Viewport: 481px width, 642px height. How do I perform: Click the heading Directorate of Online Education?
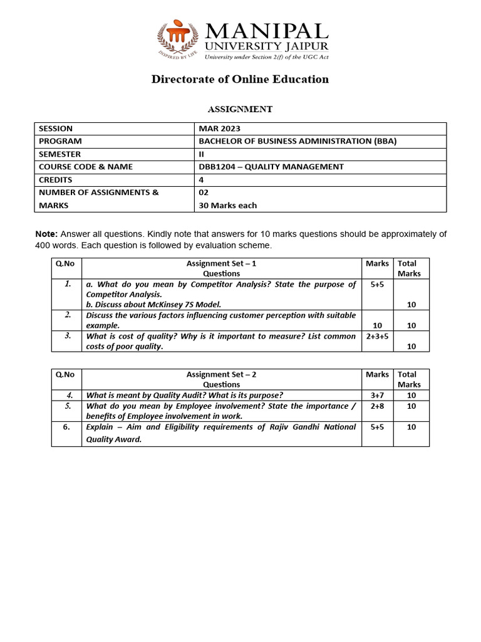240,79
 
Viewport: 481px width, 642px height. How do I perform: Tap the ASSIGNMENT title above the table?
240,109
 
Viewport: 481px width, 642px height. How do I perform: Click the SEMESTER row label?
59,154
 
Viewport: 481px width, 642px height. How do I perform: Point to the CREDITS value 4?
201,180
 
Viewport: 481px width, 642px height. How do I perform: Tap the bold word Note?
46,234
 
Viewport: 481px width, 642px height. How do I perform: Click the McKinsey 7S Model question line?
154,304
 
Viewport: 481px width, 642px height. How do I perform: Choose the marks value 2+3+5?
377,336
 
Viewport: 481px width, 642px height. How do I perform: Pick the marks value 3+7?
377,395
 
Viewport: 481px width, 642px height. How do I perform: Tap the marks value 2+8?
377,406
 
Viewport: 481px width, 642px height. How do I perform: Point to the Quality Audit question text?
184,395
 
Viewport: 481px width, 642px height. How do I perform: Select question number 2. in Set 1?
67,315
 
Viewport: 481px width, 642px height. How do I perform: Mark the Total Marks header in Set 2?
410,379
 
